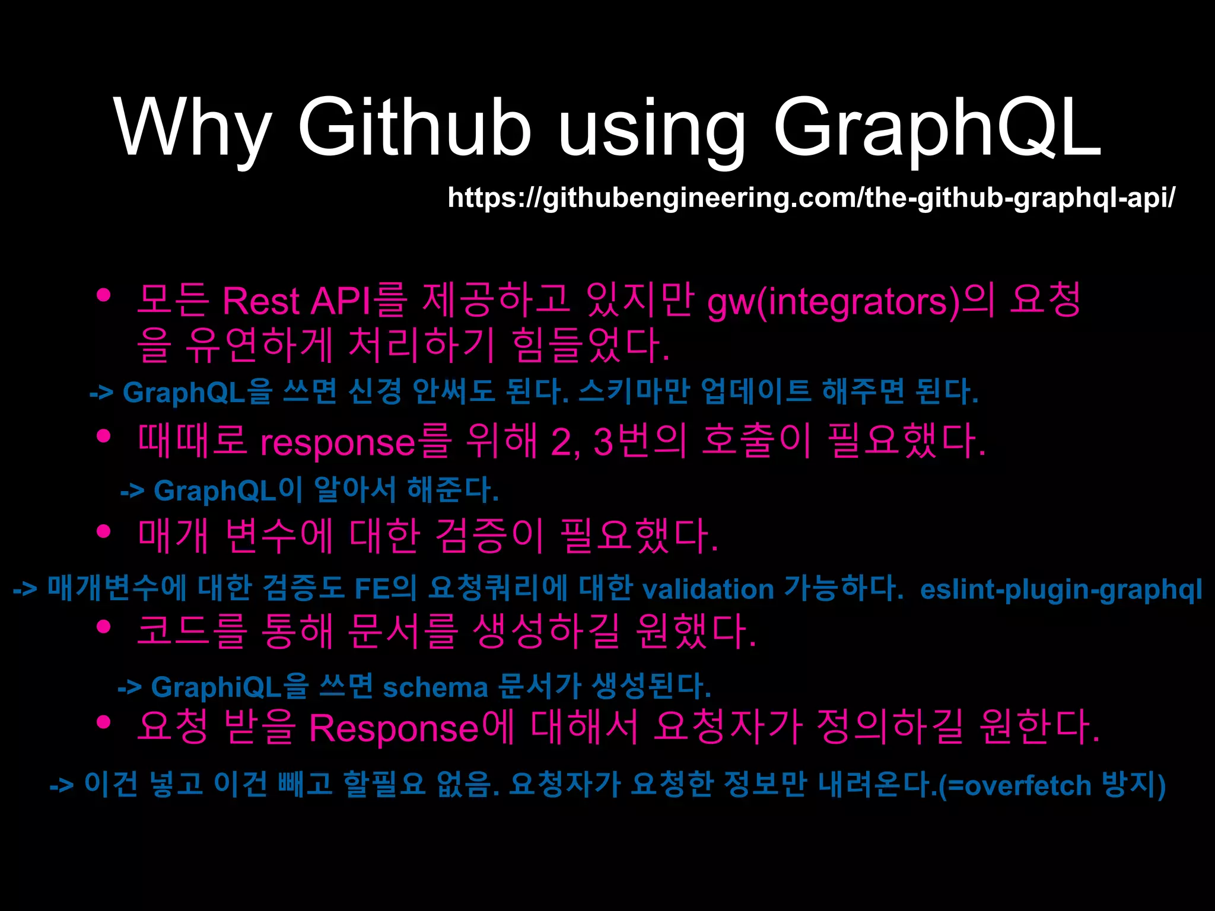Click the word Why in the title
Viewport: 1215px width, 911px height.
pos(193,128)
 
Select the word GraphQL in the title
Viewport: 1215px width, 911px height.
pos(937,128)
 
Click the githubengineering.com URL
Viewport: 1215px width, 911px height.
pos(811,198)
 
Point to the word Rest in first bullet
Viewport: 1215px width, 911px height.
pos(261,301)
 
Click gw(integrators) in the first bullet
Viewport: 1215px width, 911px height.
pos(833,301)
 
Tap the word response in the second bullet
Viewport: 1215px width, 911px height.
pos(338,442)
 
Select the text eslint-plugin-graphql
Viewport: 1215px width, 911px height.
pos(1061,590)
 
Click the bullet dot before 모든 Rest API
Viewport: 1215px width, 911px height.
pos(104,295)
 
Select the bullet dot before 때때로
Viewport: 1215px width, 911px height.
pos(104,437)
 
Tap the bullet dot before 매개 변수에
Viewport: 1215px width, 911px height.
pos(104,531)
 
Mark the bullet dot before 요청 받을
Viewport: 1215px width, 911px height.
pos(104,722)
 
